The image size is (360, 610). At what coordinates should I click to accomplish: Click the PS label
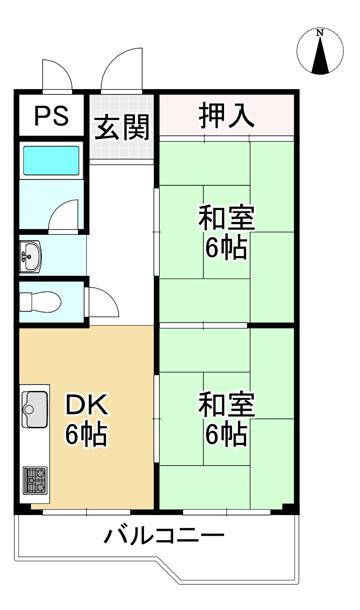click(x=51, y=115)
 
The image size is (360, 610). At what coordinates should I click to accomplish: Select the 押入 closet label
click(x=227, y=115)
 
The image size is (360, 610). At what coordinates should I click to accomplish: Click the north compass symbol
click(x=320, y=51)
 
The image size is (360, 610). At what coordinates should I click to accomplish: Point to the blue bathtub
click(x=51, y=160)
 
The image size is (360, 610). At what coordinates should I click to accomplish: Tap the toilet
click(x=40, y=301)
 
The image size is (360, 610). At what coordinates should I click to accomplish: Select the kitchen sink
click(x=35, y=409)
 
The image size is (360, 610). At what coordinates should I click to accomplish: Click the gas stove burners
click(x=36, y=480)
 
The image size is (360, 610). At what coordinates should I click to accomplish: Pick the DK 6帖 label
click(x=86, y=419)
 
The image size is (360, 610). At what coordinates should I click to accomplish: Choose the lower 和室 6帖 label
click(x=226, y=419)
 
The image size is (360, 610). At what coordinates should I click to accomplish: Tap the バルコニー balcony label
click(x=164, y=536)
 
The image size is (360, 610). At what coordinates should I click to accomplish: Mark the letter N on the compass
click(x=320, y=33)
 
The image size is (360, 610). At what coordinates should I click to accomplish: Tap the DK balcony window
click(x=86, y=512)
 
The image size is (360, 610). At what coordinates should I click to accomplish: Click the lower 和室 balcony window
click(x=226, y=512)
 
